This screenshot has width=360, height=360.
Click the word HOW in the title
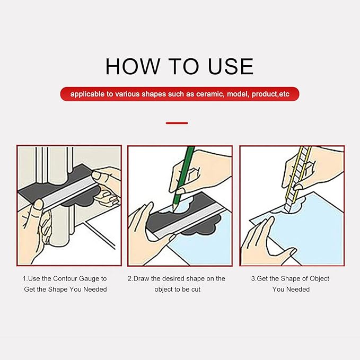coord(133,66)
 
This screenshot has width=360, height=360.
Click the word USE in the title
coord(231,66)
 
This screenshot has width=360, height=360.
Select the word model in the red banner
coord(238,94)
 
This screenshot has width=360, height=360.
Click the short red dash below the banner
coord(177,123)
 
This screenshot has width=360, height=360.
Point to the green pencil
coord(183,177)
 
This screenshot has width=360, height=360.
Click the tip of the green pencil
coord(173,210)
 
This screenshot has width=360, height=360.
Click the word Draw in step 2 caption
coord(141,278)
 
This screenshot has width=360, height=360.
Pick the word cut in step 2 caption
coord(196,289)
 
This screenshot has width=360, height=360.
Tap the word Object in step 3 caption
coord(319,279)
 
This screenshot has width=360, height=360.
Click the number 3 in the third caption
coord(253,279)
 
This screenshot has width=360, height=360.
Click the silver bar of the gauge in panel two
coord(189,221)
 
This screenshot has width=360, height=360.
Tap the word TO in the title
coord(183,66)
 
